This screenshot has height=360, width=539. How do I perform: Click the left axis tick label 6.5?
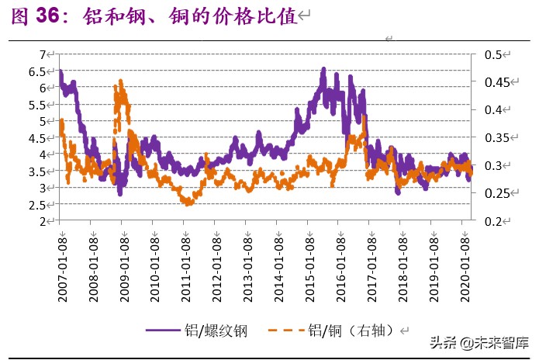point(38,71)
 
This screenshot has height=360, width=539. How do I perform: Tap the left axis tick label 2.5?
point(38,205)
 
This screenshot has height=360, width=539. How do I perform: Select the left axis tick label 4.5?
point(38,138)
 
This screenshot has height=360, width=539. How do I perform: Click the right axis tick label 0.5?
point(493,55)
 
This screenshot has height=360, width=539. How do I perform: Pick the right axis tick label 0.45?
point(496,82)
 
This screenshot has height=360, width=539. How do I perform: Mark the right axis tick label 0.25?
point(496,193)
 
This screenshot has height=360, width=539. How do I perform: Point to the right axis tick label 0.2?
point(493,221)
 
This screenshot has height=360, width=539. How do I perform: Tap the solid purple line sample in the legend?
point(168,331)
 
